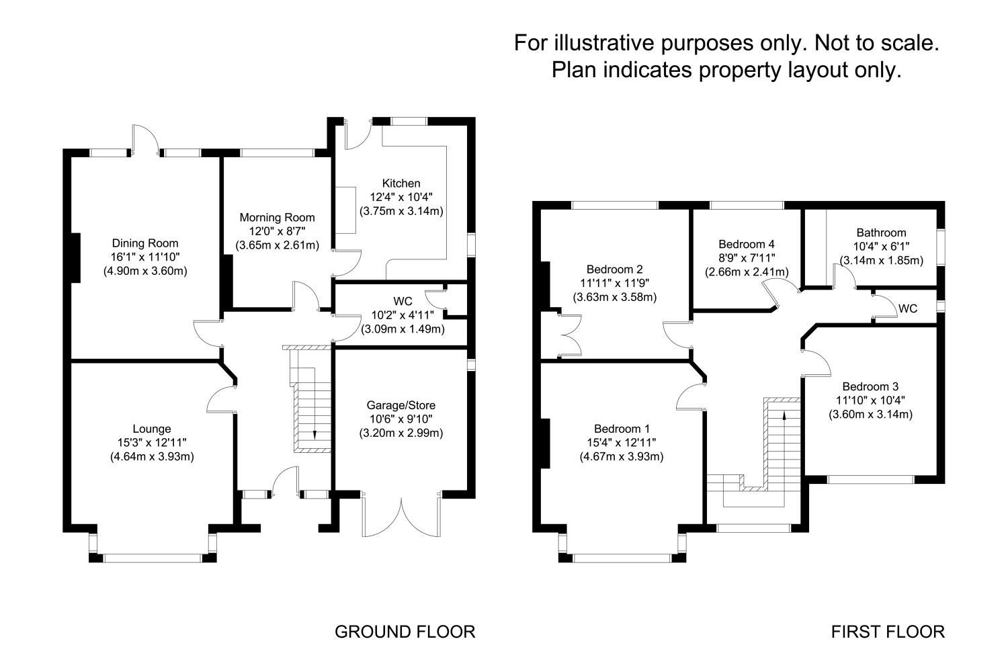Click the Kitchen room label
coord(401,183)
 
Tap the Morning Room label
coord(277,218)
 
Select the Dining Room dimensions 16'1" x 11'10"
coord(145,257)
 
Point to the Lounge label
coord(152,429)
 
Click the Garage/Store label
coord(401,405)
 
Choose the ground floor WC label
coord(403,300)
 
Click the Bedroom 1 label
coord(622,429)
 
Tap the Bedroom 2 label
coord(614,269)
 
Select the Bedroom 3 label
coord(870,386)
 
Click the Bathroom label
coord(881,233)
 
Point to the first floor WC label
coord(908,309)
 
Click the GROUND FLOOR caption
coord(405,632)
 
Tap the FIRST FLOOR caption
coord(888,632)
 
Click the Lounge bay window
coord(152,557)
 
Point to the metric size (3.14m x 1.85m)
coord(881,261)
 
